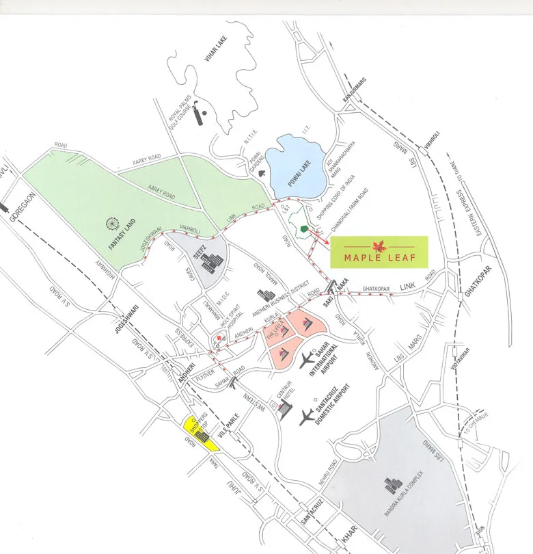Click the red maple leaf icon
(378, 245)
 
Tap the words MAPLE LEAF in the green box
(379, 259)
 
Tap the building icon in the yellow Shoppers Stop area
(203, 435)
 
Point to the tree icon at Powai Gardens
(260, 173)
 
